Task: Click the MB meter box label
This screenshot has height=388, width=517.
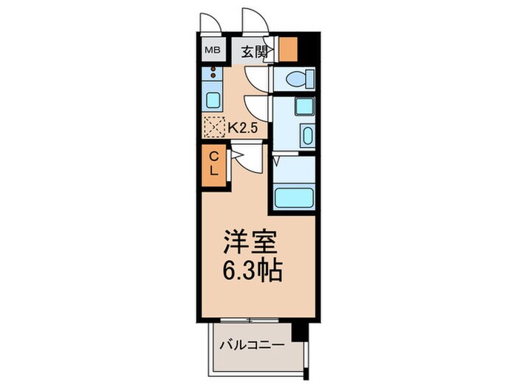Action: pos(211,51)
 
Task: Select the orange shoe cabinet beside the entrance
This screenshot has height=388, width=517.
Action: pos(288,49)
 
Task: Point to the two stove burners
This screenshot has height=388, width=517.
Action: pos(213,75)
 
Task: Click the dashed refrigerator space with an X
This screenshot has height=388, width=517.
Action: pos(213,128)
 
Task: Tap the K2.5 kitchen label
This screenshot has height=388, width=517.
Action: pos(242,127)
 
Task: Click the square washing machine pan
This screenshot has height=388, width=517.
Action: pos(303,106)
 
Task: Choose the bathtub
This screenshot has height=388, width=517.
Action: pos(295,198)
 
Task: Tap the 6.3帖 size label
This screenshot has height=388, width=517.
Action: pos(252,272)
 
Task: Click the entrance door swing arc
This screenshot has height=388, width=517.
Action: pos(255,21)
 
